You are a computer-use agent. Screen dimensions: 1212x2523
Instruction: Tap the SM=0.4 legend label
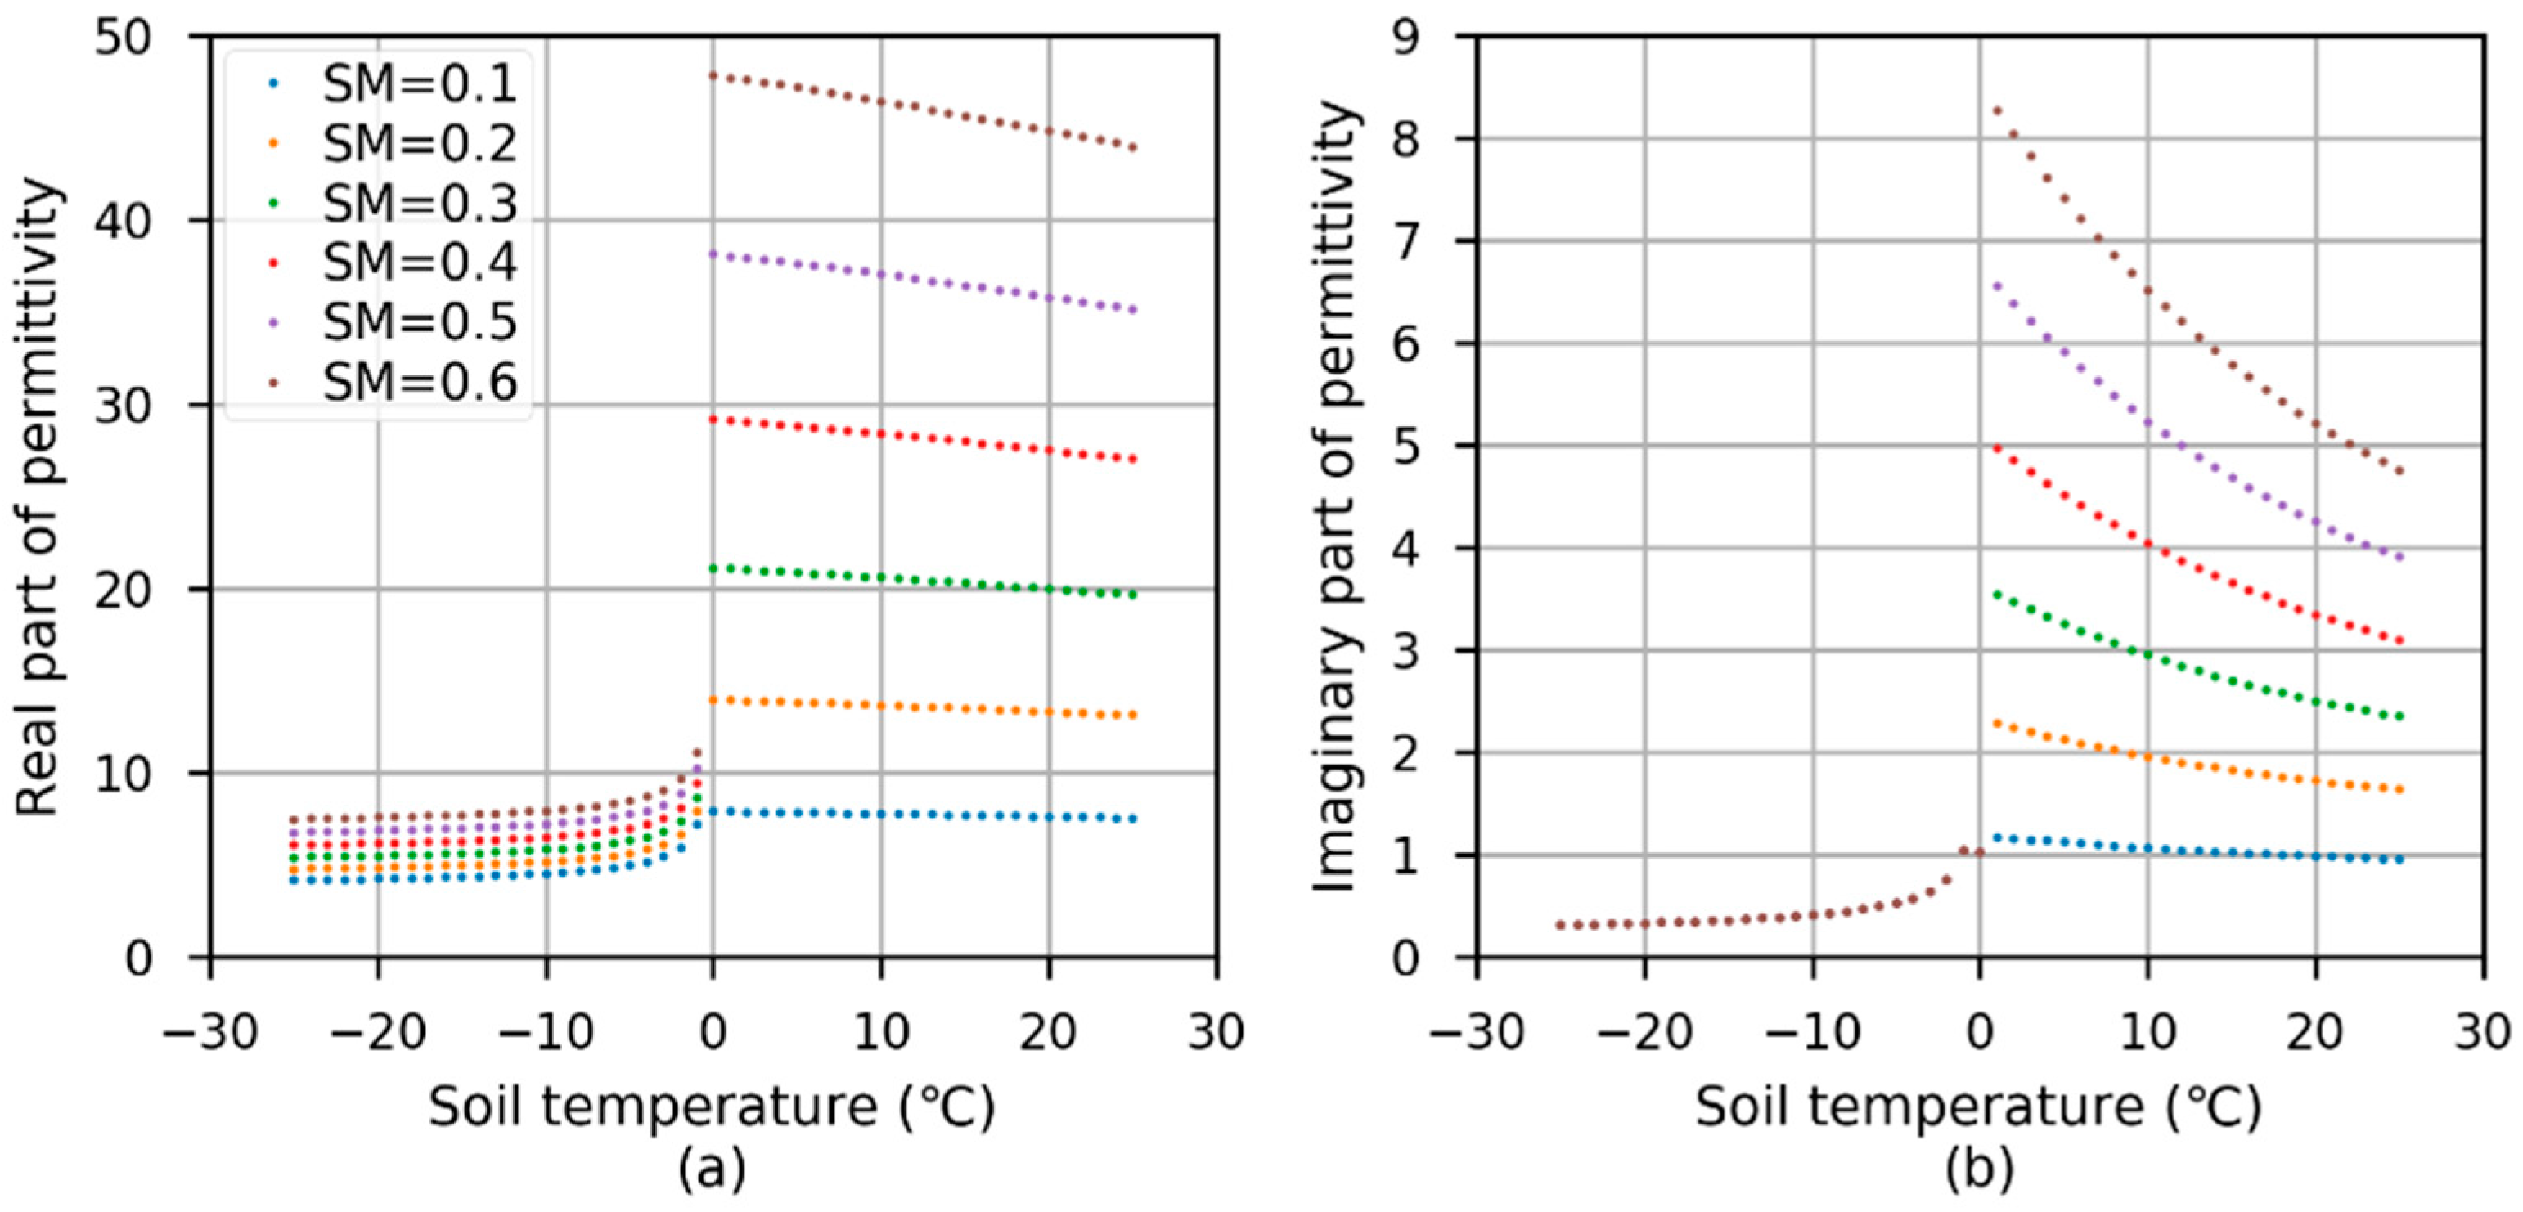tap(419, 263)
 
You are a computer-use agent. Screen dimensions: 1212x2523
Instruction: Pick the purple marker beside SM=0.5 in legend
tap(273, 322)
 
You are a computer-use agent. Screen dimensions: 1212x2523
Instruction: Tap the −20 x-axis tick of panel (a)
tap(377, 1033)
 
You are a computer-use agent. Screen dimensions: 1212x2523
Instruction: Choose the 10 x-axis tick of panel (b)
tap(2147, 1033)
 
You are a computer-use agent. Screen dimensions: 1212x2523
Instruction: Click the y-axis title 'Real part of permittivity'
tap(39, 496)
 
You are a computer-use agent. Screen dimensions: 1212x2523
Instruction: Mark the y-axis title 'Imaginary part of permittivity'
tap(1335, 496)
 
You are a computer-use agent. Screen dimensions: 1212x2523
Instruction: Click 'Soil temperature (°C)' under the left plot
tap(712, 1107)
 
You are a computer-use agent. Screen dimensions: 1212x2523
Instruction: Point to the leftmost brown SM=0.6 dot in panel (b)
tap(1560, 925)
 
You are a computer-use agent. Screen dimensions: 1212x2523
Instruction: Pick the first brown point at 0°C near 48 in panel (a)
tap(714, 75)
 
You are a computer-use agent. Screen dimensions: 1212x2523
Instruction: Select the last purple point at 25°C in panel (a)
tap(1133, 310)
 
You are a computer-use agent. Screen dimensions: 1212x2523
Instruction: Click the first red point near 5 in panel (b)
tap(1997, 449)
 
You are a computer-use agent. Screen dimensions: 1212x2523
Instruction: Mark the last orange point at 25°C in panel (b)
tap(2399, 790)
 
